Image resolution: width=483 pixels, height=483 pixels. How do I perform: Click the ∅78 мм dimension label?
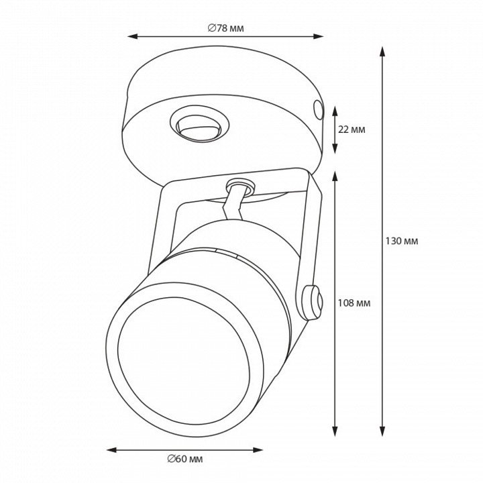pyautogui.click(x=226, y=28)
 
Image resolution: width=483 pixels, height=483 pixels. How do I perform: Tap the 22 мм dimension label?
pyautogui.click(x=352, y=129)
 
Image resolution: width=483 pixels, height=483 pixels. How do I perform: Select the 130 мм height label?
pyautogui.click(x=402, y=241)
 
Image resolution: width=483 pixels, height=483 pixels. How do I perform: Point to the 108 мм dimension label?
pyautogui.click(x=354, y=303)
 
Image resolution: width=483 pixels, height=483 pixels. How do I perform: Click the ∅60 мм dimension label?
pyautogui.click(x=185, y=459)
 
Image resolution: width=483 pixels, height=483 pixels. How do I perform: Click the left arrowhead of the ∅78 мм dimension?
pyautogui.click(x=132, y=37)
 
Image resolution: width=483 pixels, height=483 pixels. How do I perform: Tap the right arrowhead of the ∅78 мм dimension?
pyautogui.click(x=318, y=37)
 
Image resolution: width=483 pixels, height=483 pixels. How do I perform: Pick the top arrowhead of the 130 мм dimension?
pyautogui.click(x=382, y=52)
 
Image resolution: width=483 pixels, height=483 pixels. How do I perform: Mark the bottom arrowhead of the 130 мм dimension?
pyautogui.click(x=382, y=431)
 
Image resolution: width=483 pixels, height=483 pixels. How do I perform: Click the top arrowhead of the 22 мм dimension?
pyautogui.click(x=335, y=111)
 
